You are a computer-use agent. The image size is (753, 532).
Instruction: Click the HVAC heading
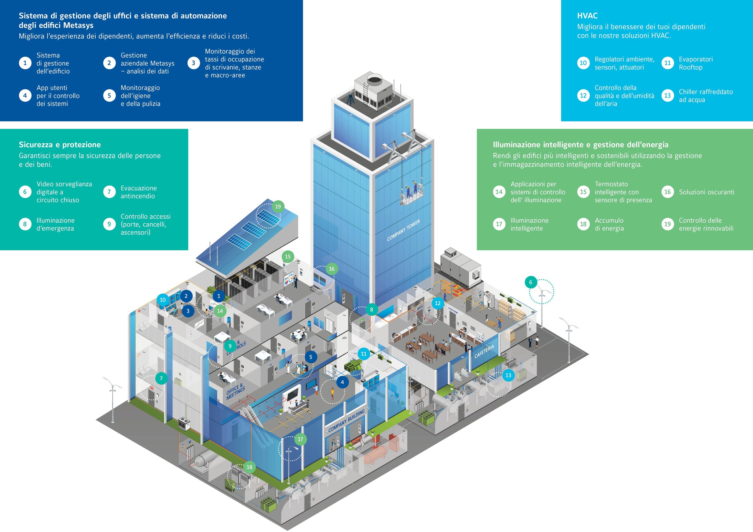tap(587, 16)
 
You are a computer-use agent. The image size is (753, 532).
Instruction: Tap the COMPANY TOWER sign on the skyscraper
tap(403, 230)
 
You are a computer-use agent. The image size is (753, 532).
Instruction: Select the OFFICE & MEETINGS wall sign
tap(236, 391)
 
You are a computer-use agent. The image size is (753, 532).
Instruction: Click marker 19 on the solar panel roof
tap(278, 207)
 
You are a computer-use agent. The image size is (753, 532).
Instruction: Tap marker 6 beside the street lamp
tap(530, 282)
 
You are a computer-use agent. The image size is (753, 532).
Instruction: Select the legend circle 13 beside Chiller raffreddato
tap(667, 96)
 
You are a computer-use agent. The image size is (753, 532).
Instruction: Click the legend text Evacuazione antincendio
tap(139, 192)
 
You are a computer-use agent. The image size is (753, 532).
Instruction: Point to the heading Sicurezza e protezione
tap(60, 145)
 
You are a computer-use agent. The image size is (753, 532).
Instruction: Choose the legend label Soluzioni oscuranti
tap(707, 192)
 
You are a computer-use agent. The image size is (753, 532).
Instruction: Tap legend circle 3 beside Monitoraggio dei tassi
tap(193, 63)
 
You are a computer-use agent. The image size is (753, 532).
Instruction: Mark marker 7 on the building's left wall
tap(161, 378)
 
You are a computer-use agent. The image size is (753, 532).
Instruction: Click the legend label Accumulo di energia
tap(609, 224)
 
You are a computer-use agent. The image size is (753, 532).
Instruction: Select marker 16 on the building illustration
tap(331, 269)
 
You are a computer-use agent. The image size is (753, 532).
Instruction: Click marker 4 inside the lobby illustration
tap(342, 382)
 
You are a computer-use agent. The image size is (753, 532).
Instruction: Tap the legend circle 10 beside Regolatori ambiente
tap(583, 63)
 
